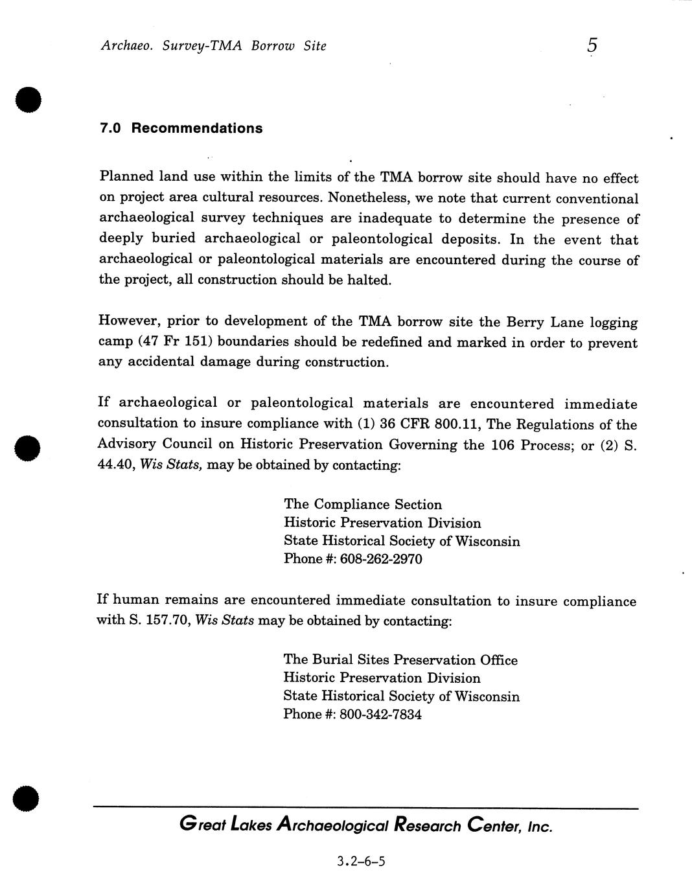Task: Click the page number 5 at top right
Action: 592,45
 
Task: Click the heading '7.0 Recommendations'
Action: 181,128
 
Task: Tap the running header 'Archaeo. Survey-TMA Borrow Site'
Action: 213,46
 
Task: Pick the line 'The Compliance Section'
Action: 363,505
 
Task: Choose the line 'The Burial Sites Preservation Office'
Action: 400,660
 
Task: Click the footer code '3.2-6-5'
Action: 361,861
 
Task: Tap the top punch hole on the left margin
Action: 29,100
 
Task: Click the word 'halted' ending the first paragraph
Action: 368,281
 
